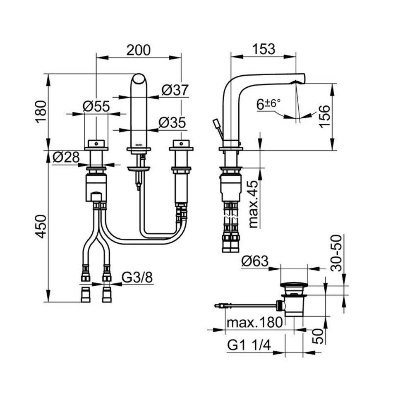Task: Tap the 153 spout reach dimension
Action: [264, 49]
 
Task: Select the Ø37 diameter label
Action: [175, 90]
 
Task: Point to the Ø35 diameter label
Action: [172, 122]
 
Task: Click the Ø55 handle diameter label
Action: [96, 106]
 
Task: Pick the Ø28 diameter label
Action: [67, 158]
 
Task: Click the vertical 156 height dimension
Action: [326, 117]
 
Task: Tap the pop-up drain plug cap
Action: [294, 284]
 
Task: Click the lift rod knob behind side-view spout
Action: [216, 123]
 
